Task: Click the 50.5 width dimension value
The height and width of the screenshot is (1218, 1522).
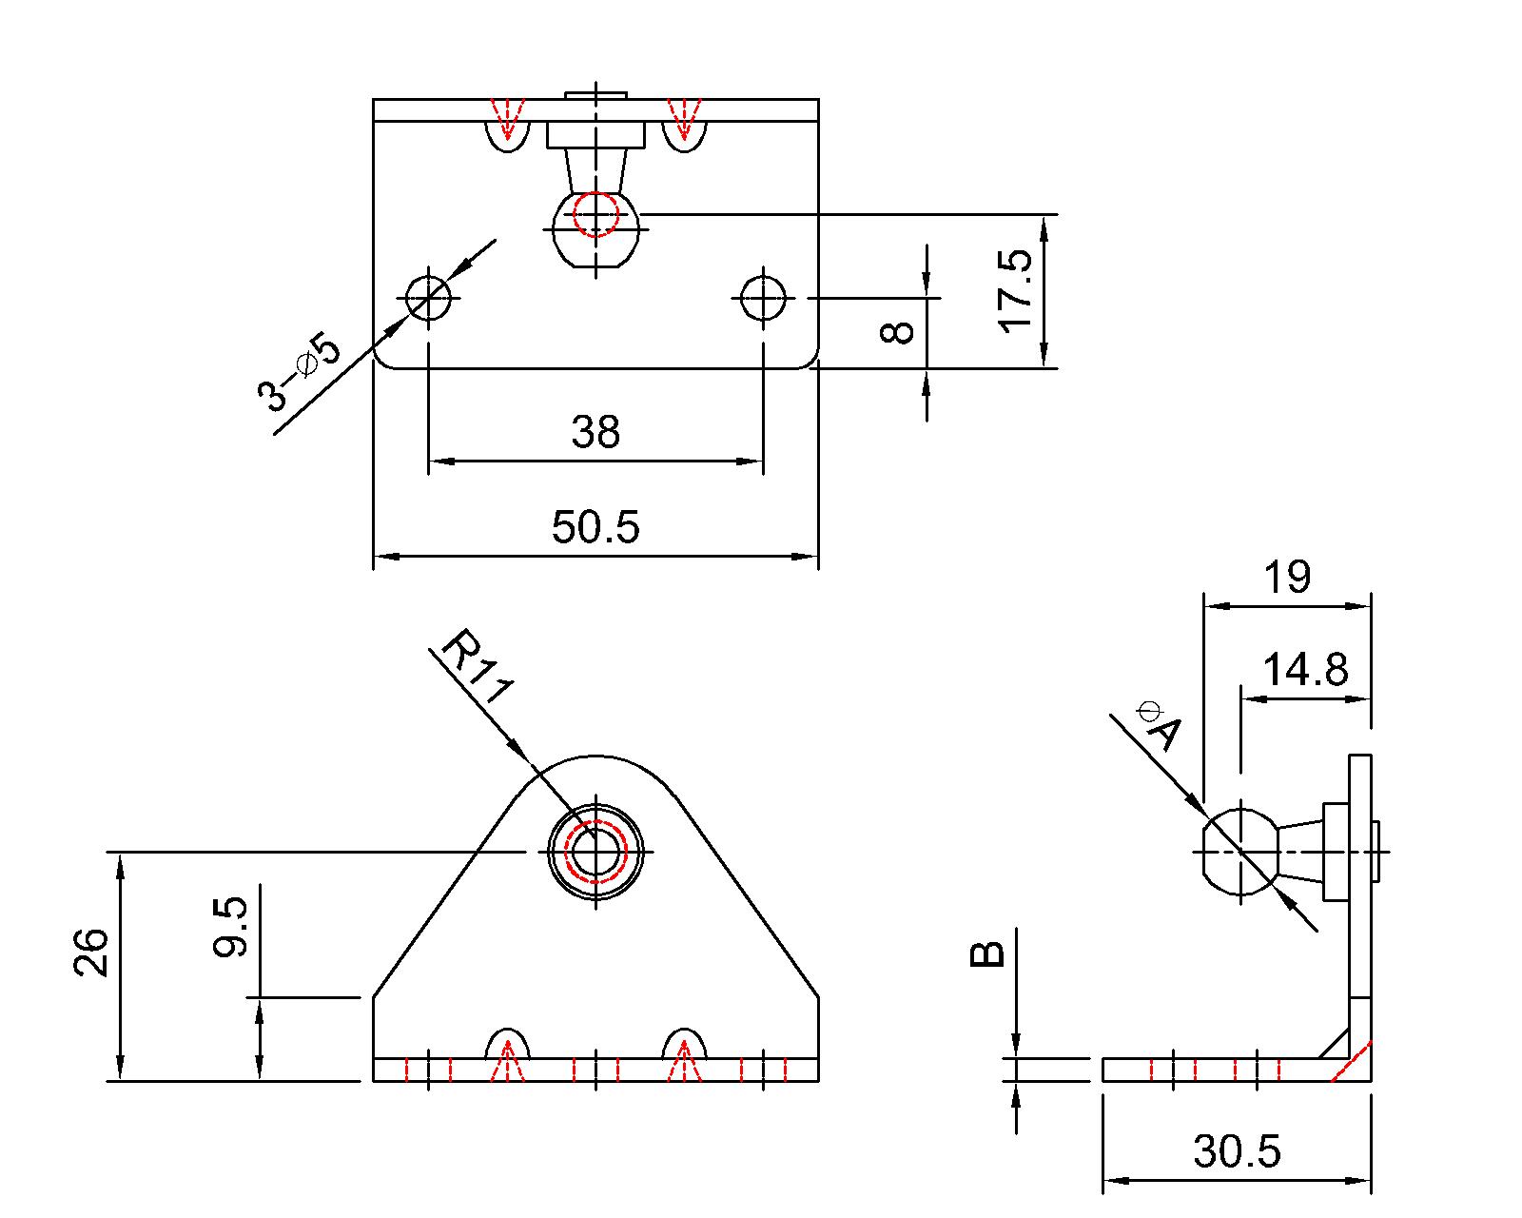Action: (x=595, y=527)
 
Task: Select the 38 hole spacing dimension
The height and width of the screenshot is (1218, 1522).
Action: (x=595, y=432)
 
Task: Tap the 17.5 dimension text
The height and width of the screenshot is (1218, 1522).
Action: (x=1016, y=290)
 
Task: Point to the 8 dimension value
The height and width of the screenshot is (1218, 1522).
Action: (x=897, y=332)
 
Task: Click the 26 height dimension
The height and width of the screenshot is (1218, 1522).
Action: (x=91, y=953)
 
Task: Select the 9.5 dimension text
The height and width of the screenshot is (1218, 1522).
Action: (x=230, y=926)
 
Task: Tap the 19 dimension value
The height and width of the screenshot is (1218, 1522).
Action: (x=1287, y=577)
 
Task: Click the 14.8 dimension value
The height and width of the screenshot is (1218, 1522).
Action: (x=1305, y=670)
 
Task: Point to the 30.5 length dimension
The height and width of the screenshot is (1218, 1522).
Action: (x=1237, y=1152)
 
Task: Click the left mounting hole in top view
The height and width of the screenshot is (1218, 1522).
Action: (x=429, y=298)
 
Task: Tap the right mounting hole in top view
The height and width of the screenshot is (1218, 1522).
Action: (x=762, y=298)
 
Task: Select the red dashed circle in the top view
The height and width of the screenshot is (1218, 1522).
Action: (x=596, y=214)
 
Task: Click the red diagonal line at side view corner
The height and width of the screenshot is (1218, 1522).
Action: (x=1351, y=1062)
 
